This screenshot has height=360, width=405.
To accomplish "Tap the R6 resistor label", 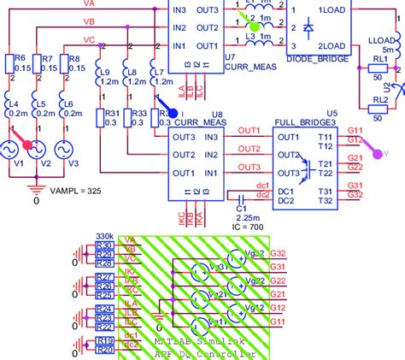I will pyautogui.click(x=21, y=58).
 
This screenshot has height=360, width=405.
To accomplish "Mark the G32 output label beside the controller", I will pyautogui.click(x=276, y=254).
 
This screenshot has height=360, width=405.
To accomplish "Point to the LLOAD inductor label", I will pyautogui.click(x=378, y=39).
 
